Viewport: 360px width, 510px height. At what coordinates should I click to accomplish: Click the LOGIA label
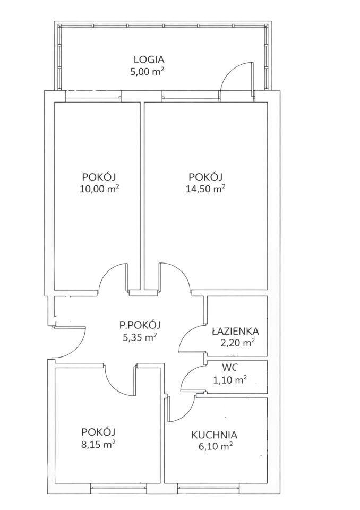pos(149,60)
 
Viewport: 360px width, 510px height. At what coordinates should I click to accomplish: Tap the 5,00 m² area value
pos(147,72)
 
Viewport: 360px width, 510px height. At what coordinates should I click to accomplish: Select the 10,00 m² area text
pos(99,189)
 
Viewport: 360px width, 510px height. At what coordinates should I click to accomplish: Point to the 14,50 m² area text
pos(206,189)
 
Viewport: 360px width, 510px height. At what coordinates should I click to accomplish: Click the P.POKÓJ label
pos(140,325)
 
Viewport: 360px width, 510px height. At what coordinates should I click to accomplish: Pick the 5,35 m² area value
pos(141,337)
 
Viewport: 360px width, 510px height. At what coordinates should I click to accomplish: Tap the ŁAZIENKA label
pos(235,331)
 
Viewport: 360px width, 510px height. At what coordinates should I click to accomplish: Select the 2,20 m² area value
pos(237,343)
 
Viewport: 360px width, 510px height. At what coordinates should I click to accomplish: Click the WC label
pos(230,368)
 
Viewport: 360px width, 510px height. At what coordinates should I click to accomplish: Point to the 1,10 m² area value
pos(229,379)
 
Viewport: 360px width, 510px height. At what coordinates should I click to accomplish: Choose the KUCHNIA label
pos(215,435)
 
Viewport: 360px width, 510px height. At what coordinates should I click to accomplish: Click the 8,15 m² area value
pos(98,444)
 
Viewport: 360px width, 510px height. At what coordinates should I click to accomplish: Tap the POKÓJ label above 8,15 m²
pos(99,432)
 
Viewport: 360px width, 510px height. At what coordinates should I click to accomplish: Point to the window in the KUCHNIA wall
pos(209,487)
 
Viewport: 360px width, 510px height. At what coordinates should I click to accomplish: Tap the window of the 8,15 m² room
pos(118,487)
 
